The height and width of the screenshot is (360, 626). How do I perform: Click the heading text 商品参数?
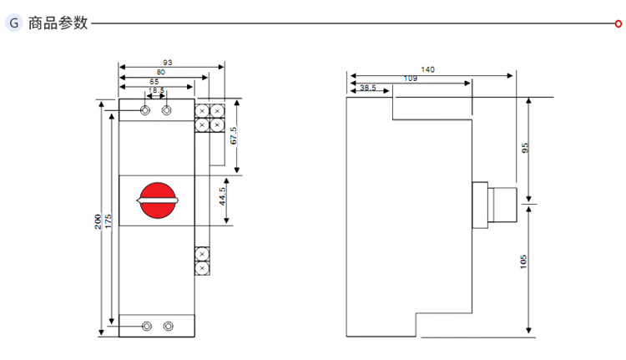58,23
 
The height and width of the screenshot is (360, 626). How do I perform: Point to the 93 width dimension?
168,63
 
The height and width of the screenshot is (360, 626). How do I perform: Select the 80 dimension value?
160,73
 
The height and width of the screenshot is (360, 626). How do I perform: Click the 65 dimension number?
154,82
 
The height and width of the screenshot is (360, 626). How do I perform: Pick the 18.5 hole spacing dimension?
156,91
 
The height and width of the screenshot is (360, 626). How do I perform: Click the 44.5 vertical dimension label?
222,197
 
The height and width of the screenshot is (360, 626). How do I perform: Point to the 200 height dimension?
98,221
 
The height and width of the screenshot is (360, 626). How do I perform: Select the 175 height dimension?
108,221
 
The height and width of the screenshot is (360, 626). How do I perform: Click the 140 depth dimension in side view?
428,70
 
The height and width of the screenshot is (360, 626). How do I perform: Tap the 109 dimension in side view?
411,79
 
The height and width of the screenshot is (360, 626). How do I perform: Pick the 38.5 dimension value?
368,88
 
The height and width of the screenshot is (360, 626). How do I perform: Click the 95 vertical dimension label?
525,148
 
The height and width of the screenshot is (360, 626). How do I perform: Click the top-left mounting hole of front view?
147,110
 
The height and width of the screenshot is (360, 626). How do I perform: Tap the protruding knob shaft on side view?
503,205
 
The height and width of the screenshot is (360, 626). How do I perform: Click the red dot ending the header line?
618,23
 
